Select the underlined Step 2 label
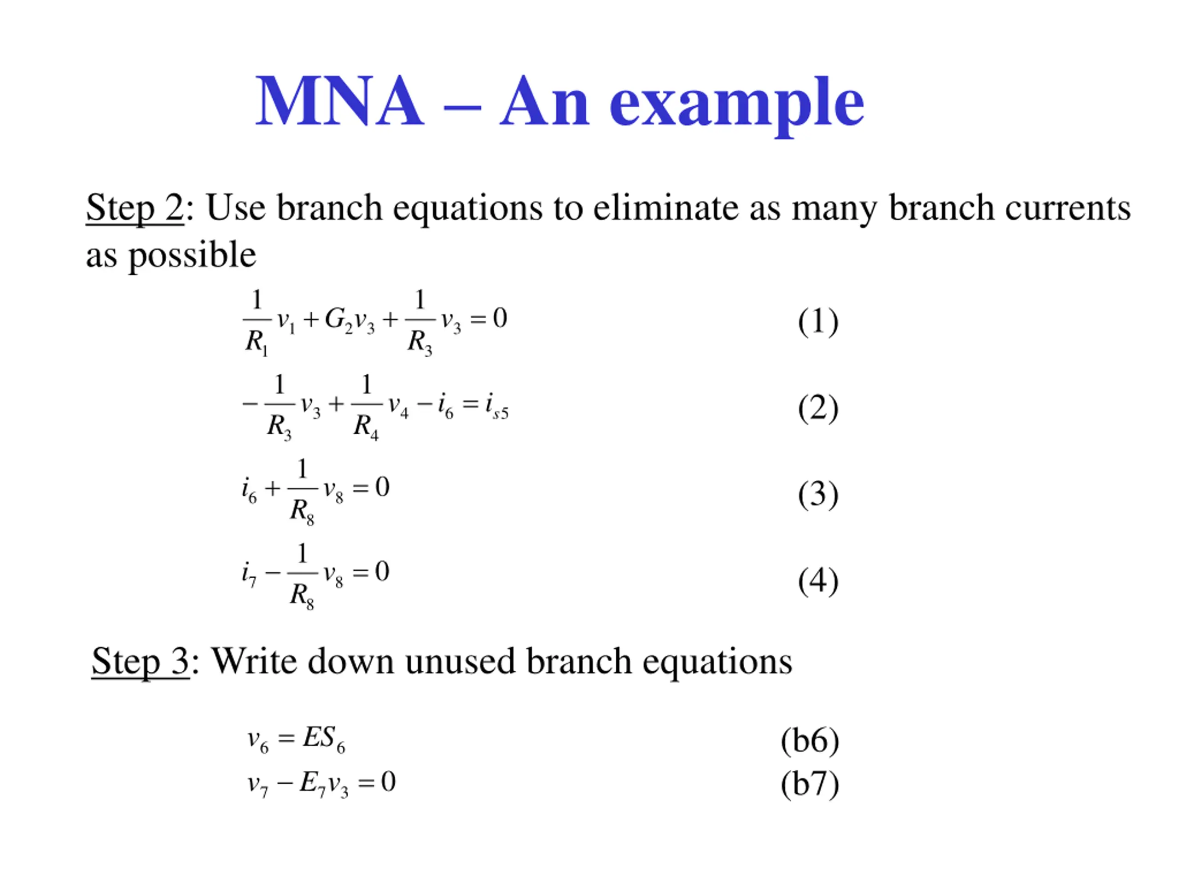135,207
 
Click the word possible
193,255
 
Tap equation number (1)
817,322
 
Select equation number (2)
817,408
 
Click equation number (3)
817,494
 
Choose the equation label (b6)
810,741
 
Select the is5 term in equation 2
496,407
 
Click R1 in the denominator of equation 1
257,342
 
